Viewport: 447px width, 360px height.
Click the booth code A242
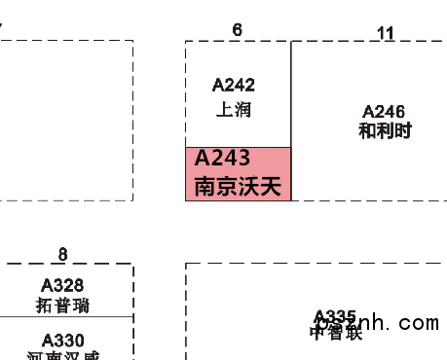(x=234, y=86)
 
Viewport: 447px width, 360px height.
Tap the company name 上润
(x=234, y=109)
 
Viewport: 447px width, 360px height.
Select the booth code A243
(x=223, y=158)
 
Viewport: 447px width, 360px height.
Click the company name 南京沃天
(x=238, y=186)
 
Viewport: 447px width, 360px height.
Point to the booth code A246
(x=384, y=112)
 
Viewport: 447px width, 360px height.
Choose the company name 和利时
(x=384, y=131)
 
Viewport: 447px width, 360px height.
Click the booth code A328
(x=62, y=286)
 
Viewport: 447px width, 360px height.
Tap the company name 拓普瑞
(x=62, y=306)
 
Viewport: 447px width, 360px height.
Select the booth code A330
(x=62, y=340)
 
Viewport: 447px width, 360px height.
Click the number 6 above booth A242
(x=237, y=30)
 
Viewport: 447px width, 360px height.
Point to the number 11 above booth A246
(x=386, y=33)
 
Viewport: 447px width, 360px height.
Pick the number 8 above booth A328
(x=63, y=255)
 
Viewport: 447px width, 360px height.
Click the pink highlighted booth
(x=238, y=173)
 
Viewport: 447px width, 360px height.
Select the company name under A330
(x=62, y=355)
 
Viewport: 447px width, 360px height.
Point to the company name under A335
(x=335, y=333)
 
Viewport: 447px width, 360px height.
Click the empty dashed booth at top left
(x=58, y=117)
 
